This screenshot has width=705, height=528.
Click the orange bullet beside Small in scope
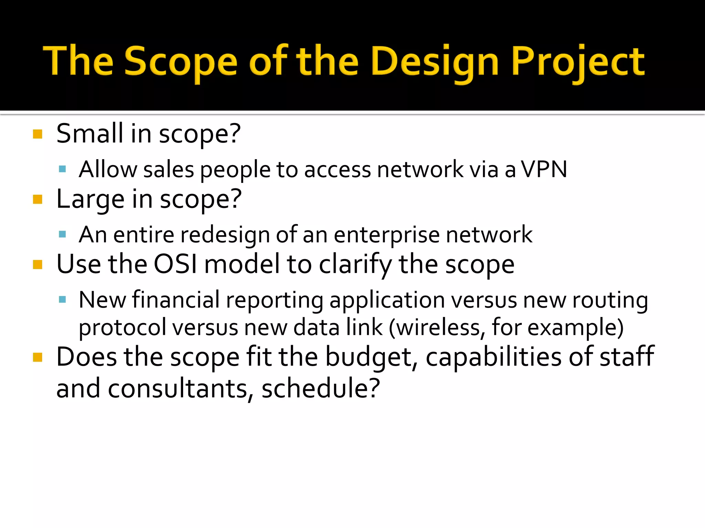38,134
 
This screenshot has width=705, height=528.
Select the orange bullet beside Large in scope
38,199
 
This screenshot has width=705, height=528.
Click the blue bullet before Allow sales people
62,169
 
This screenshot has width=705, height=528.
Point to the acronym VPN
544,169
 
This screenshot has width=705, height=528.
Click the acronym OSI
175,264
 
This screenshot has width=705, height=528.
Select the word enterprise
387,235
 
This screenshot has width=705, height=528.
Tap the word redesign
225,235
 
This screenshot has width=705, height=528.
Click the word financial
176,299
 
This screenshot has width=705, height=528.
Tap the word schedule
320,388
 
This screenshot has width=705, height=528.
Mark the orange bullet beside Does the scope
38,357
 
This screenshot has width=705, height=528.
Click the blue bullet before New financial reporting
62,300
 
